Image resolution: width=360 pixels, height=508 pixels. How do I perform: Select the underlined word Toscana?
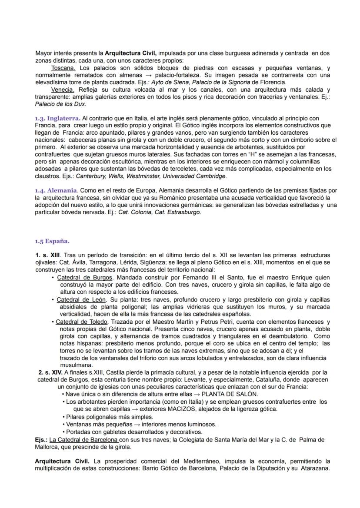(63, 68)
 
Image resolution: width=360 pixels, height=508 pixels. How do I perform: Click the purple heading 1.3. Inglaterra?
(57, 118)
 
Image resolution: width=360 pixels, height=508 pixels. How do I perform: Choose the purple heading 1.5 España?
(52, 241)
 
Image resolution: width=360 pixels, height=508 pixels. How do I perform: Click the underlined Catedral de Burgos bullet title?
(85, 277)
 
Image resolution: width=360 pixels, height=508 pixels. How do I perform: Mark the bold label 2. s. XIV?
(50, 372)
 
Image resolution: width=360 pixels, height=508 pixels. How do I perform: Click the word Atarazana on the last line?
(315, 468)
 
